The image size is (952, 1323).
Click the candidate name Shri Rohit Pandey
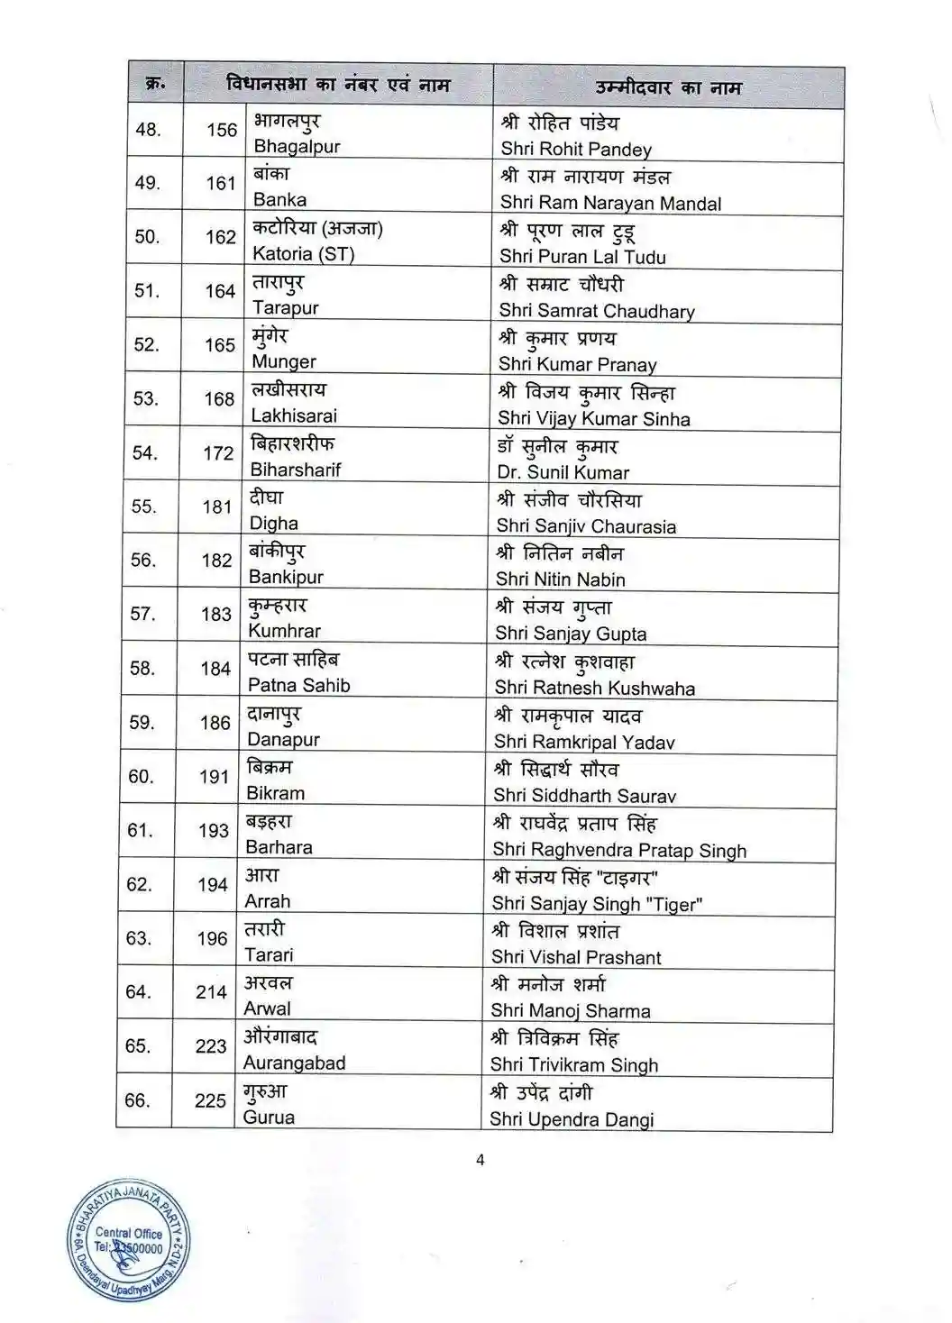point(576,150)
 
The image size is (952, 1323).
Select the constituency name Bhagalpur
point(297,147)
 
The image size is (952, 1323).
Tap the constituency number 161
point(221,184)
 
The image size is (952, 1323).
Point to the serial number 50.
point(147,237)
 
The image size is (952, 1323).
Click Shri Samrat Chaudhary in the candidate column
point(597,311)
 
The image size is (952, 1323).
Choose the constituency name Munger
point(284,362)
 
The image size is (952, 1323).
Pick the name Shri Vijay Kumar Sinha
point(594,419)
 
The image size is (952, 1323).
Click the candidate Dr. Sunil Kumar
point(563,472)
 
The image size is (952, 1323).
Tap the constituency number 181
point(217,507)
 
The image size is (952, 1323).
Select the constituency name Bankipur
point(285,577)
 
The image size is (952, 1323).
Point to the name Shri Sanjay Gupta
point(571,634)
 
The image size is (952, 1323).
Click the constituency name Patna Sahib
point(298,686)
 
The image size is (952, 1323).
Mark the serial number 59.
point(142,723)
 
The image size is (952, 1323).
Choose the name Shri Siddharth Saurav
point(584,796)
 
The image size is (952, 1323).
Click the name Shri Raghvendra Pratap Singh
point(619,850)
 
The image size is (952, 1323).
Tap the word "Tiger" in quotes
point(672,904)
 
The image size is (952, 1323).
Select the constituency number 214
point(211,992)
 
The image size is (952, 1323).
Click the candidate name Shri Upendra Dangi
point(572,1119)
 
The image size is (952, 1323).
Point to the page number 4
point(481,1160)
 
